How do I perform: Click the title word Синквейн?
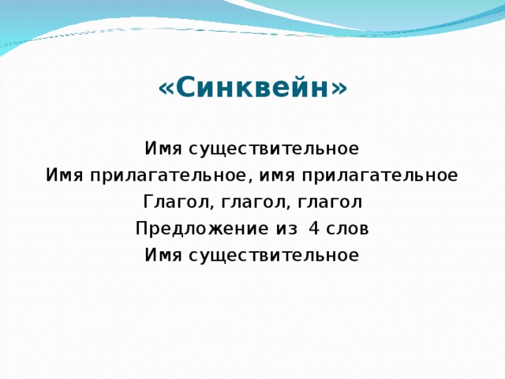252,87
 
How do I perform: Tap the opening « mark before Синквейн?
165,88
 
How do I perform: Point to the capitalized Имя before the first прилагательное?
64,175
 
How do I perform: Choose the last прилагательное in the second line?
383,175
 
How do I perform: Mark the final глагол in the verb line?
332,202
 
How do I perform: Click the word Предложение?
200,229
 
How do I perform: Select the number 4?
315,229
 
